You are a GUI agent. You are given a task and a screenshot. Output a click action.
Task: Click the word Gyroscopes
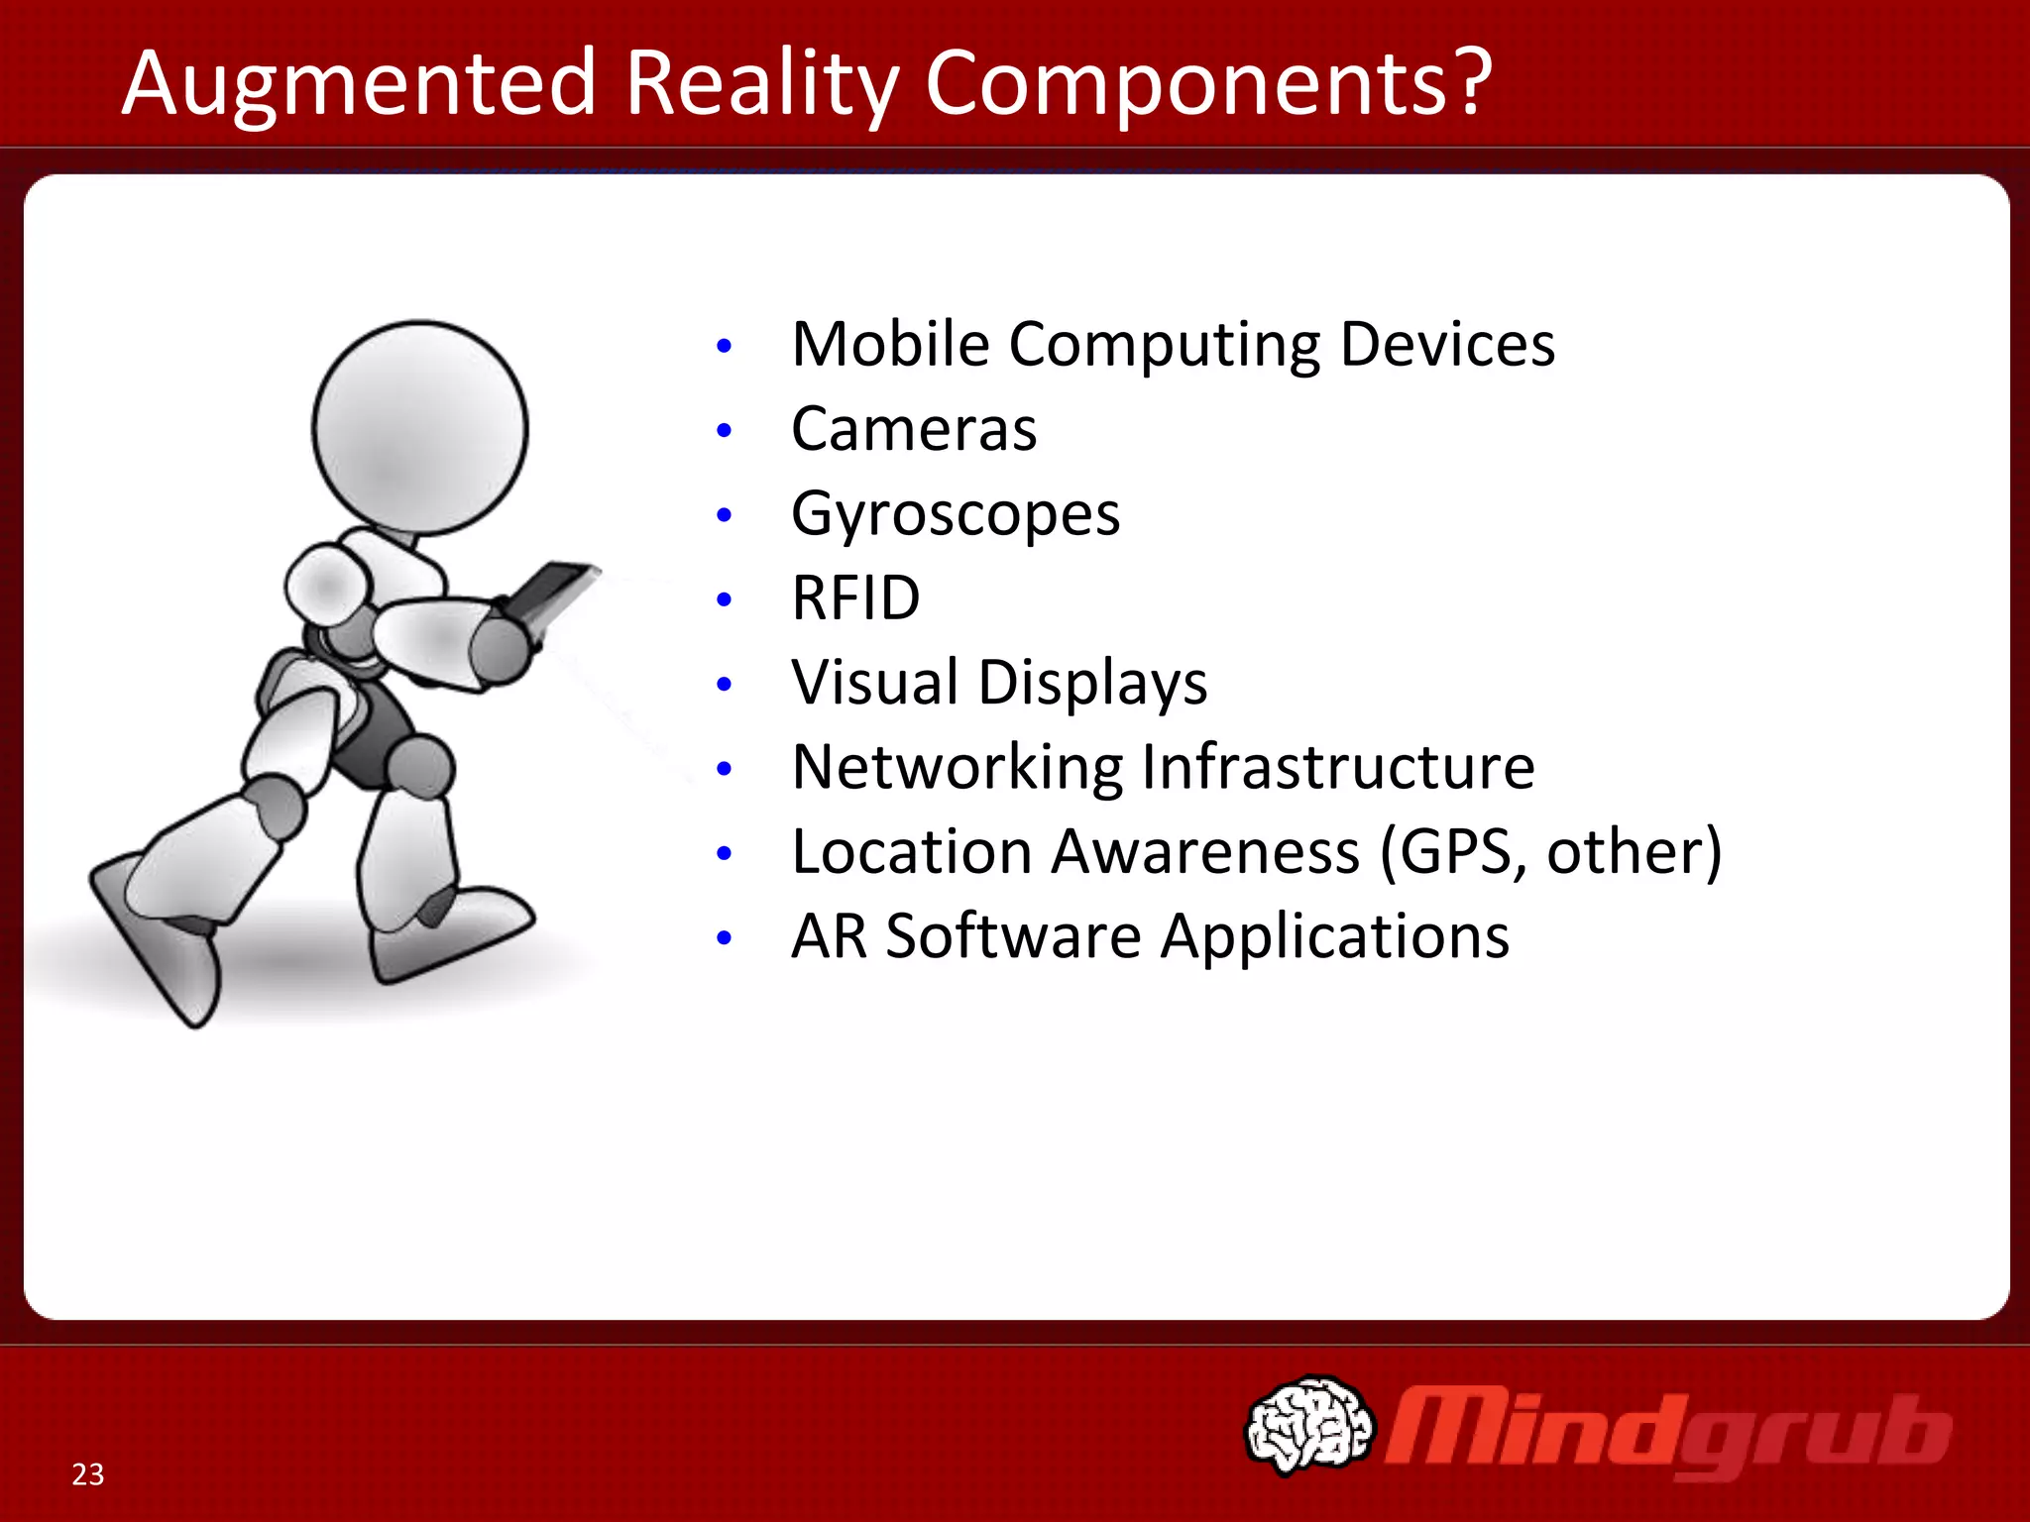pos(955,514)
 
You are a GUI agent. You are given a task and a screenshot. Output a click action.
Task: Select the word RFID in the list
pos(855,598)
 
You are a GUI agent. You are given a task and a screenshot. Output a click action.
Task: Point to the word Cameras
pos(913,429)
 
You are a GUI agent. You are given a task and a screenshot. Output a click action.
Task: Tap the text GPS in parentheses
pos(1456,851)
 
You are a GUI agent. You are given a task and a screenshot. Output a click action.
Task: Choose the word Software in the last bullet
pos(1013,936)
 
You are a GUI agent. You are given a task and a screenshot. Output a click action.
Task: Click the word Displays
pos(1092,683)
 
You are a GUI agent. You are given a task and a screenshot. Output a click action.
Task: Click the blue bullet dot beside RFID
pos(725,599)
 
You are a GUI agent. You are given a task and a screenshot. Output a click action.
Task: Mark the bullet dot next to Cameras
pos(725,431)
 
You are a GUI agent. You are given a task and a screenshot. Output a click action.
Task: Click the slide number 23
pos(87,1474)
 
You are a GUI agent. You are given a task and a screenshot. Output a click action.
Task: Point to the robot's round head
pos(420,428)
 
